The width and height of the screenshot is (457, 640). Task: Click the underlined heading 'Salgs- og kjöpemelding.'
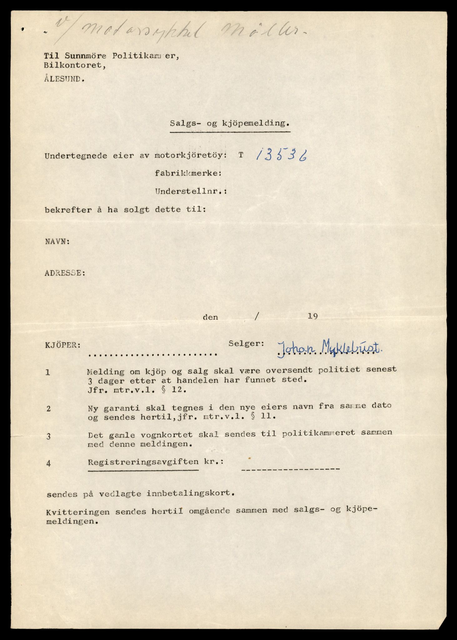click(230, 123)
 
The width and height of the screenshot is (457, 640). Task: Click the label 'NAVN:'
click(58, 242)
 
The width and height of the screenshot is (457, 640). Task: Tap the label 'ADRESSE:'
click(65, 273)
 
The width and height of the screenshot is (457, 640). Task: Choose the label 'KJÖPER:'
click(63, 345)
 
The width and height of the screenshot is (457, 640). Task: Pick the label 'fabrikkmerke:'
click(188, 173)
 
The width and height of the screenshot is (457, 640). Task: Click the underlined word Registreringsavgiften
click(143, 462)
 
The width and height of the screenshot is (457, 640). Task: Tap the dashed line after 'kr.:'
click(291, 469)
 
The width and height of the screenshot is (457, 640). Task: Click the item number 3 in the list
click(48, 436)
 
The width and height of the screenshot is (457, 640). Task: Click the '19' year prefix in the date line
click(313, 316)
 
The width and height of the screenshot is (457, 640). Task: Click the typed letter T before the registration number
click(241, 155)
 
